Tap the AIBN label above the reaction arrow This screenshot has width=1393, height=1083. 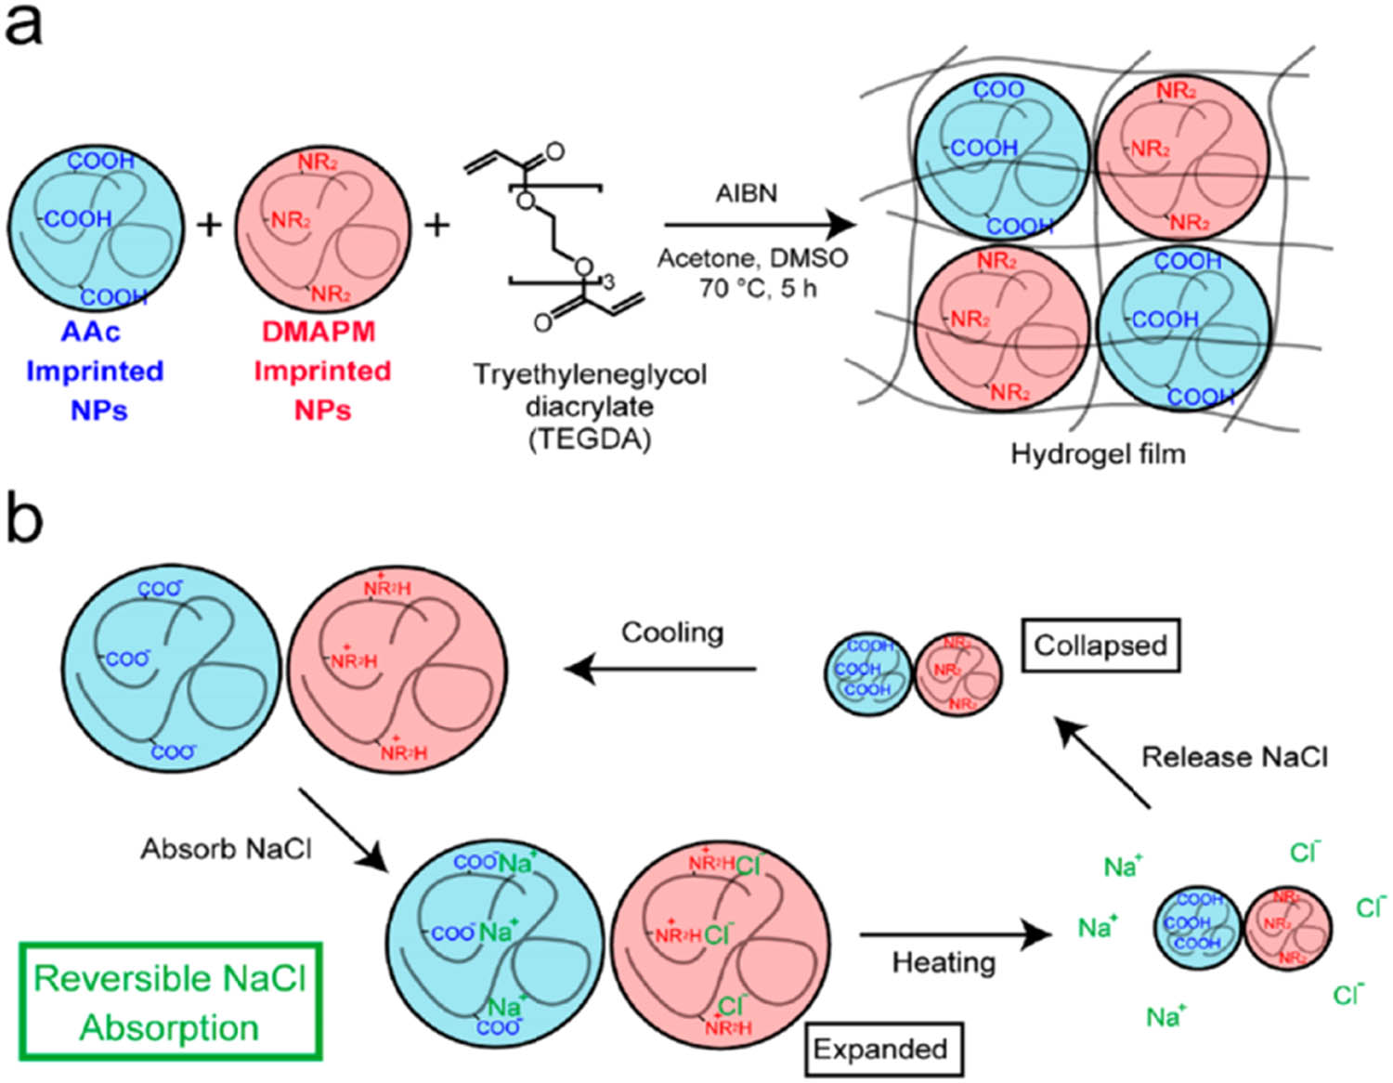pos(746,194)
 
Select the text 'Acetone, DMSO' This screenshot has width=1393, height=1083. pos(752,258)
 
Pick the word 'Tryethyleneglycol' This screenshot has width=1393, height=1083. pos(590,374)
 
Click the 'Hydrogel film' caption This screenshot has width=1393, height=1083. pos(1098,454)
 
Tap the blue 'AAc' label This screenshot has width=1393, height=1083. pos(91,332)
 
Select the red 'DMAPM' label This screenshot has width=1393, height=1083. pos(319,332)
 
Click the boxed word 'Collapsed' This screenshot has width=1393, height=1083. pos(1100,645)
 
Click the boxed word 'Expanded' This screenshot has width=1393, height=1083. pos(880,1049)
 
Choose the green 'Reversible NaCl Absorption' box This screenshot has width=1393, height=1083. pos(170,1001)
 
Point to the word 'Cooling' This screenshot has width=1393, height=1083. pos(672,633)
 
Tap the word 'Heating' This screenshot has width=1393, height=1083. pos(944,962)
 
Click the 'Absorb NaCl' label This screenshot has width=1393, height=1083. pos(226,849)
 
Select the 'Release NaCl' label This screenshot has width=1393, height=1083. pos(1234,757)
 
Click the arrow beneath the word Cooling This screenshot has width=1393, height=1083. pos(660,668)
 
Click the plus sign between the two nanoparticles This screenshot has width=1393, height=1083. pos(210,225)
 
